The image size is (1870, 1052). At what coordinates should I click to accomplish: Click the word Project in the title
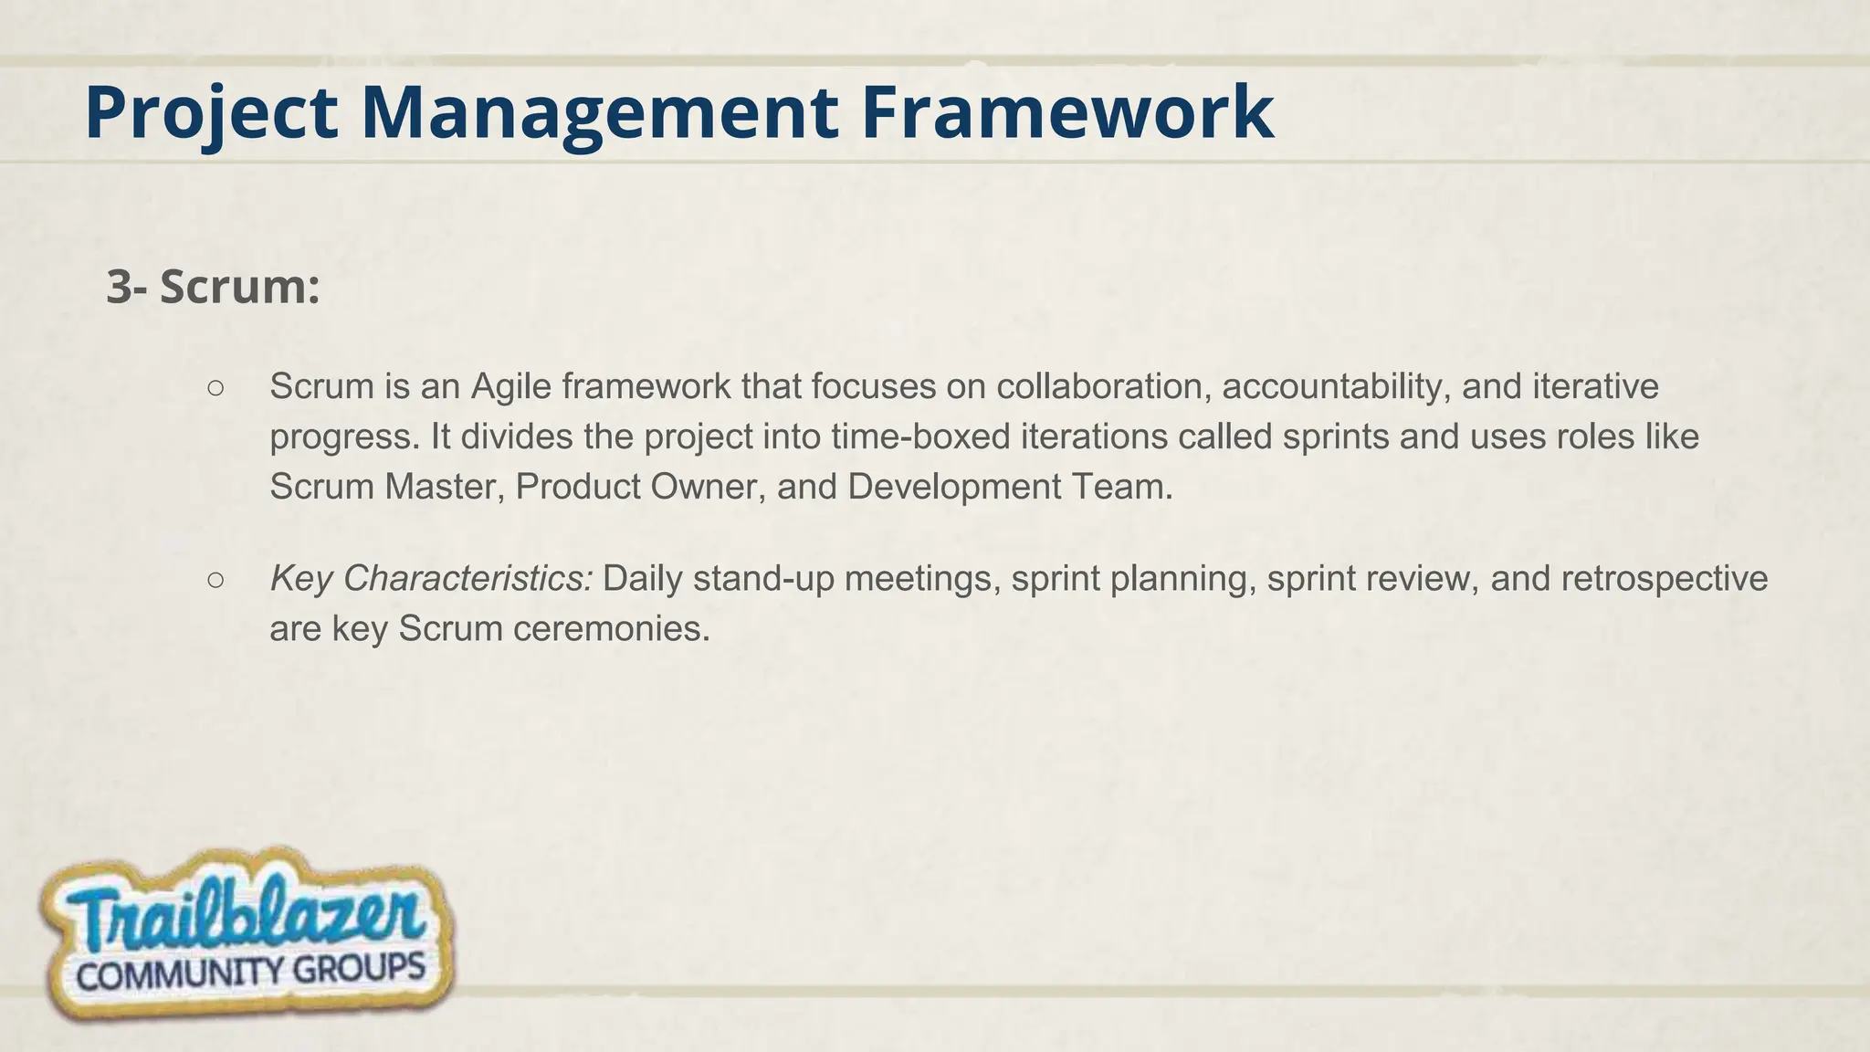pos(211,112)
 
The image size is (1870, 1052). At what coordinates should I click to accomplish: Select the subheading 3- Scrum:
pos(213,287)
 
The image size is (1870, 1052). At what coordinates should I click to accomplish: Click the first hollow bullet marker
pos(215,388)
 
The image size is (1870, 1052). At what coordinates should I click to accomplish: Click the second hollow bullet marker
pos(215,580)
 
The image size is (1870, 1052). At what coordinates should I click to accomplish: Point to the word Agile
pos(511,387)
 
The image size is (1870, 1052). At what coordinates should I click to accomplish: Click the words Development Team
pos(1009,487)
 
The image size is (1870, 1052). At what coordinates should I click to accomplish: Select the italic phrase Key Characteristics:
pos(431,579)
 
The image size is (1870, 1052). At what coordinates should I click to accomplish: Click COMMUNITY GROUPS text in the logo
pos(250,972)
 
